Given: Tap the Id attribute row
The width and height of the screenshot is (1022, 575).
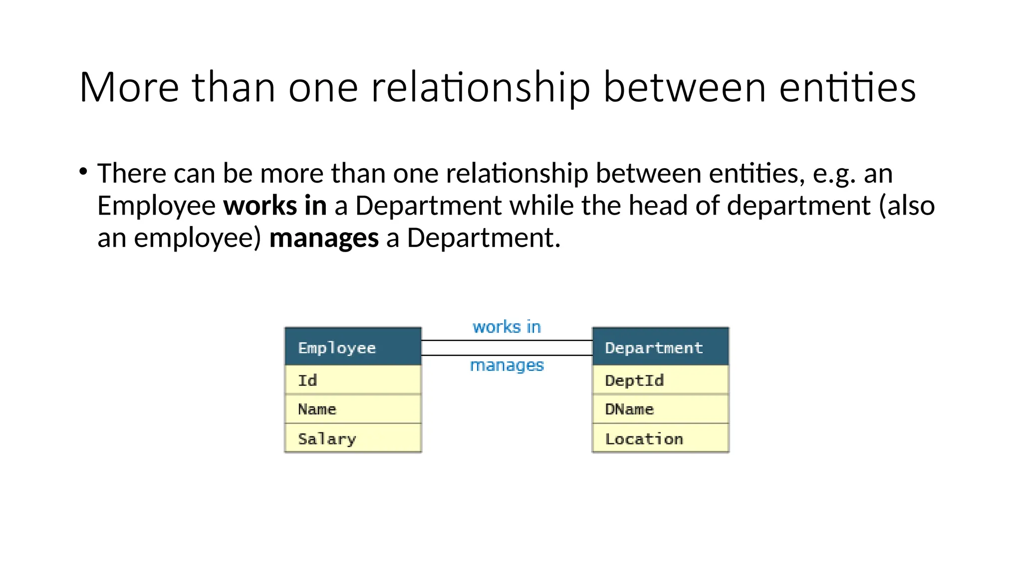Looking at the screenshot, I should (x=353, y=380).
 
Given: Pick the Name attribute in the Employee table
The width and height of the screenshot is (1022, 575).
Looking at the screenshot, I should (x=353, y=409).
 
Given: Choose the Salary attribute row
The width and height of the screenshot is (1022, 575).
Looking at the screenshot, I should (x=353, y=439).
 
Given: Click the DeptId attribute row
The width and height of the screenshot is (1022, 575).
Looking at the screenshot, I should (x=660, y=380).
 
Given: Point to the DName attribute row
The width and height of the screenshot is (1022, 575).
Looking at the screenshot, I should (x=660, y=409).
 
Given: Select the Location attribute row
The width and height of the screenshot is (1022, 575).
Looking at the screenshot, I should (x=660, y=439).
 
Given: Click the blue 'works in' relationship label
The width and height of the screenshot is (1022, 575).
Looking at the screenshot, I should (x=507, y=327).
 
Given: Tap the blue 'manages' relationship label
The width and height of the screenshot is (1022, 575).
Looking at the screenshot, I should (x=507, y=365).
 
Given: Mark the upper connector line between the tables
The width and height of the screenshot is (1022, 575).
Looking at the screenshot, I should (x=507, y=340).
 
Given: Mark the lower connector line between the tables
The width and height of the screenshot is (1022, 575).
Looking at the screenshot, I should (x=507, y=355).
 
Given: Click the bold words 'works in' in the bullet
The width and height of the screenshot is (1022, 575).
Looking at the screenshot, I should (x=275, y=206).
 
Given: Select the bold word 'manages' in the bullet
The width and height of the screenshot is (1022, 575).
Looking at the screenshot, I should (x=324, y=238).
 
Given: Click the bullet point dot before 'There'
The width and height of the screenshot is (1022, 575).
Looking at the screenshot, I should (x=83, y=172).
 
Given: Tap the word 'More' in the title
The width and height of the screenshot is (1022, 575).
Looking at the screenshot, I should (x=129, y=87).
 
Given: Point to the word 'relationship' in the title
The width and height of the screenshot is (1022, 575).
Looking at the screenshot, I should (x=481, y=87).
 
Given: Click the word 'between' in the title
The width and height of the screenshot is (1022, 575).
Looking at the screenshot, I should (x=685, y=87).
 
